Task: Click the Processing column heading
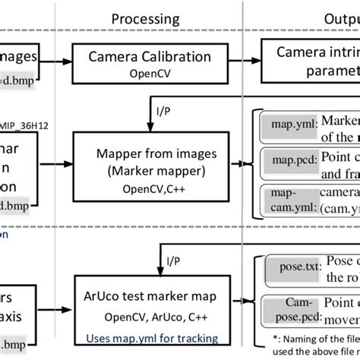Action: click(x=145, y=18)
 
